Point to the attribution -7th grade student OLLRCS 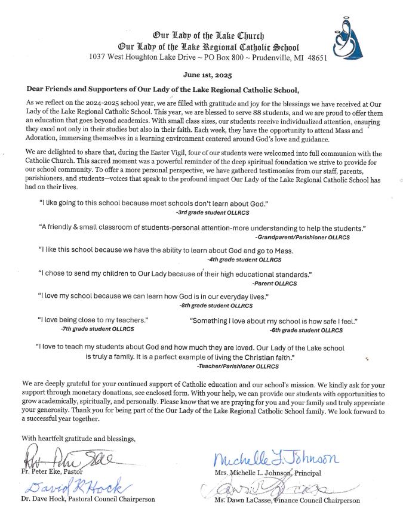97,329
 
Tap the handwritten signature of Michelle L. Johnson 275,459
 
